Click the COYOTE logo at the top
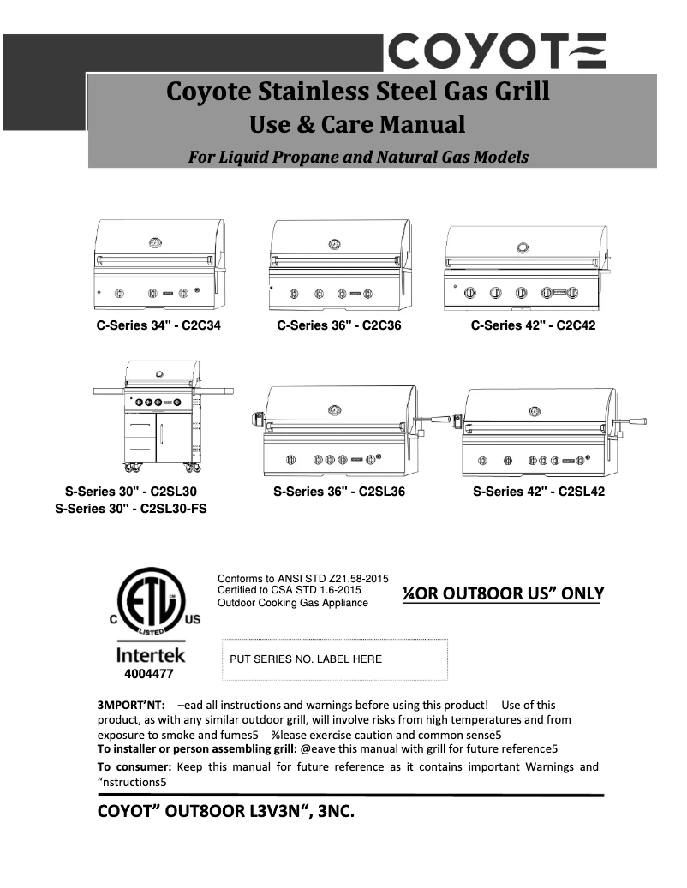click(x=498, y=51)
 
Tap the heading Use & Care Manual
click(x=357, y=125)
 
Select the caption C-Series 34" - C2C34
click(x=158, y=325)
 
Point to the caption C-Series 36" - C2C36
click(x=338, y=325)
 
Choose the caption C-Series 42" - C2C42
click(x=533, y=325)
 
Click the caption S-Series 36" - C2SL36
click(x=339, y=492)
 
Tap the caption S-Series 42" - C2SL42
click(x=539, y=492)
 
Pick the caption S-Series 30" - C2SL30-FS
click(x=131, y=509)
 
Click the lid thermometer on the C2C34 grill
click(x=155, y=243)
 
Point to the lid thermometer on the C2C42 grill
click(x=523, y=247)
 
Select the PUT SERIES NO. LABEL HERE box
click(x=335, y=659)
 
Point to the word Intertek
click(x=150, y=657)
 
